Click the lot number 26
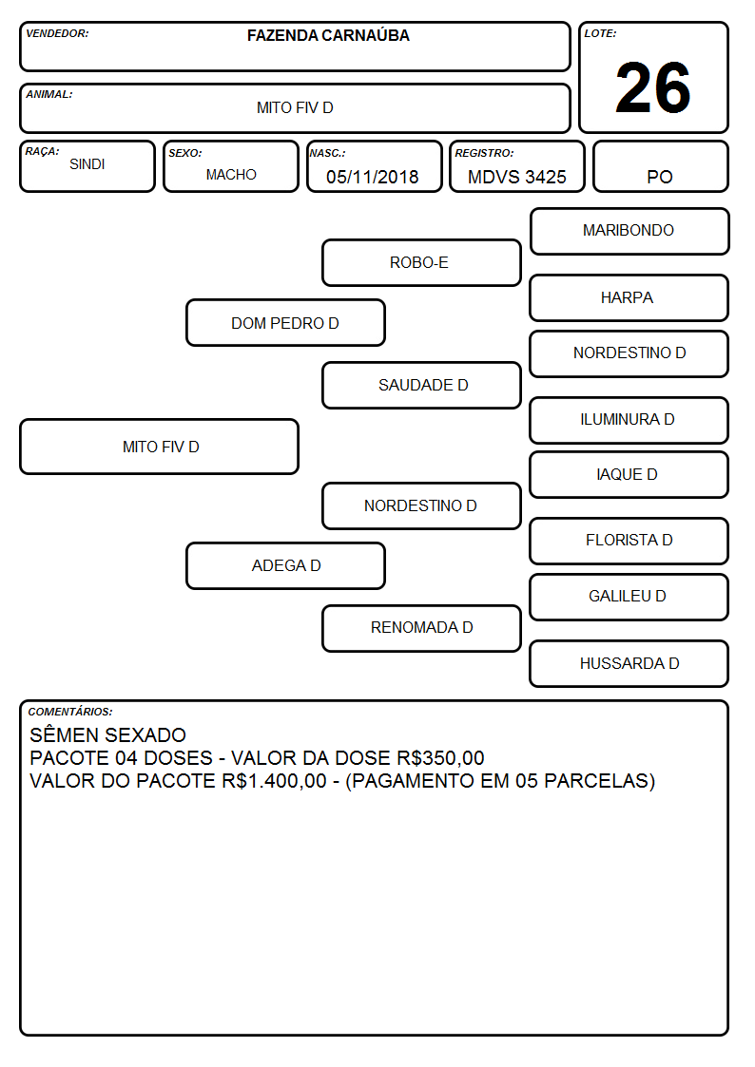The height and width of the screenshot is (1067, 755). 653,87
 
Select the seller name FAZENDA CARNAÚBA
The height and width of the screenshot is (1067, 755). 328,35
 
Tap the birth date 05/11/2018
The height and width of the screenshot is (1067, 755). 373,177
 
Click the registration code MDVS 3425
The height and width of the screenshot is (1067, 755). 516,177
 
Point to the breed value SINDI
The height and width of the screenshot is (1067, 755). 87,164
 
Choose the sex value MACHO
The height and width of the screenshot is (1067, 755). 231,175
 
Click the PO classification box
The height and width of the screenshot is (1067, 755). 660,166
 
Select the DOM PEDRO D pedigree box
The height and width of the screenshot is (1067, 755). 286,322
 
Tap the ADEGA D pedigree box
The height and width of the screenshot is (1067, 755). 286,565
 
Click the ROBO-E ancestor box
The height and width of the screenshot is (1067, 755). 421,262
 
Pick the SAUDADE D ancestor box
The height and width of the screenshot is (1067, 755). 421,385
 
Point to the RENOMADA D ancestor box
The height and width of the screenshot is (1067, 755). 421,628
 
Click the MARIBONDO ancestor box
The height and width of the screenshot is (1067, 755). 629,232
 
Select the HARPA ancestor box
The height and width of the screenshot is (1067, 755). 629,297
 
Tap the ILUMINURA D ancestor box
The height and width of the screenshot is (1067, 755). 629,420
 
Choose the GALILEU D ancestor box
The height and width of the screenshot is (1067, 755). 629,597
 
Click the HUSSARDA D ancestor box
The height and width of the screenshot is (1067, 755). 629,663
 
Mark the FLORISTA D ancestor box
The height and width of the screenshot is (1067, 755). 629,541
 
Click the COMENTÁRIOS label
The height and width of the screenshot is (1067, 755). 70,712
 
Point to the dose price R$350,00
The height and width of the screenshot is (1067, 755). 440,758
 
